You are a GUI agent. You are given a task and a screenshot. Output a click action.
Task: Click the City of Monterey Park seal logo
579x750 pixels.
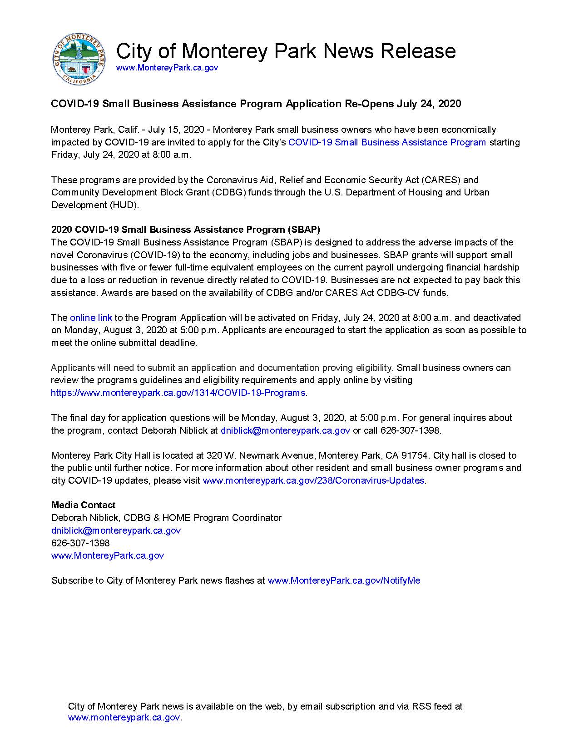80,60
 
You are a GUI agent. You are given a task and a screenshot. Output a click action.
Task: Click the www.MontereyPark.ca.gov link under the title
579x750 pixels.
167,68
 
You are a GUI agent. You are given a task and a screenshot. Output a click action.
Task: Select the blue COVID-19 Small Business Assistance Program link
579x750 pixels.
387,142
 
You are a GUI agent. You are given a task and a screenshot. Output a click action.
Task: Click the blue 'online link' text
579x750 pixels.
91,318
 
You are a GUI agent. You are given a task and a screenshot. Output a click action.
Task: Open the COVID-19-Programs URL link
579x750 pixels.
178,393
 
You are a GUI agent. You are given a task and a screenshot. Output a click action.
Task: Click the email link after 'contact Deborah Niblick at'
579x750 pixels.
285,430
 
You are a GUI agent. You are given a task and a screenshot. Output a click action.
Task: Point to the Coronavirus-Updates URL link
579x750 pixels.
314,480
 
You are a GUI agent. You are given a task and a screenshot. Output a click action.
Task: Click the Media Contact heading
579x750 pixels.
83,505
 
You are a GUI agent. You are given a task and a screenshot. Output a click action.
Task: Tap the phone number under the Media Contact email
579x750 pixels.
80,543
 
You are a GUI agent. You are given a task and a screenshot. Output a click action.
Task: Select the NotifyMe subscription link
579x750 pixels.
344,580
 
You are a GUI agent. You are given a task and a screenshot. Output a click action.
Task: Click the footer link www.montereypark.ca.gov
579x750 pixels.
124,718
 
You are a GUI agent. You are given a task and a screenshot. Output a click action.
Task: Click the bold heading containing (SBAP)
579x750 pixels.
186,230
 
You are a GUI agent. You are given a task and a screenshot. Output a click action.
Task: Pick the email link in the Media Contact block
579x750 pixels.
116,530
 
